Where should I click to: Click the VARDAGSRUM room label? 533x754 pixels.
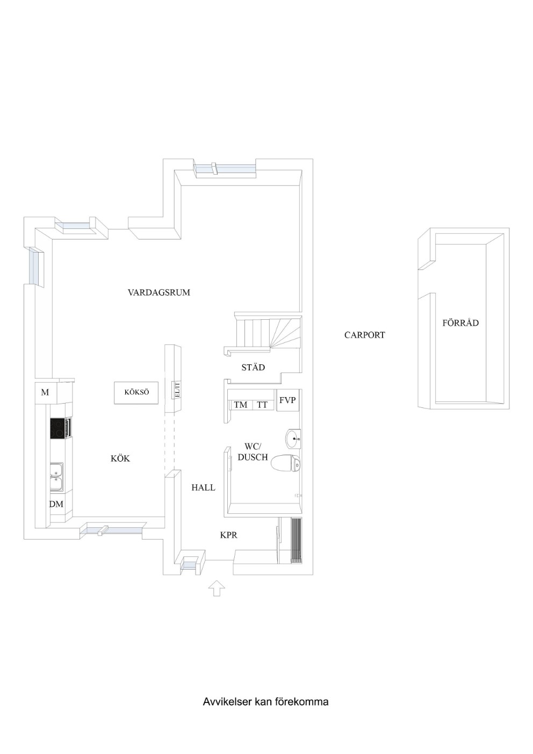159,292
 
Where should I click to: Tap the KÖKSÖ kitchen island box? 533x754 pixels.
136,392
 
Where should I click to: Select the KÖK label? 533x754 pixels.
120,458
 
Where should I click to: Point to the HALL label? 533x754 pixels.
203,487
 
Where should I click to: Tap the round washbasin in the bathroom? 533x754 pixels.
293,439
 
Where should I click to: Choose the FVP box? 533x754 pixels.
287,400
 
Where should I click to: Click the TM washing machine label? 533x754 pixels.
241,405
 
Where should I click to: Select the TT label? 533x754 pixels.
262,405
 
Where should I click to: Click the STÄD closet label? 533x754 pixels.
253,367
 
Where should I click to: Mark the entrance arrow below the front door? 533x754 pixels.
217,588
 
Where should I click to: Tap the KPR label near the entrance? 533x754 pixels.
229,535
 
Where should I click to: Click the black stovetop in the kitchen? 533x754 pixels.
58,428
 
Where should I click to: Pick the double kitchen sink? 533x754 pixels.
56,476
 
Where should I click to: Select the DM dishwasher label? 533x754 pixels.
56,504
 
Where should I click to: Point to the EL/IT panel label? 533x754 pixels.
177,390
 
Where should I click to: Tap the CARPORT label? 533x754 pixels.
364,335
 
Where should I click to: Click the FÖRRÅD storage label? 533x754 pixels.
460,322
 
